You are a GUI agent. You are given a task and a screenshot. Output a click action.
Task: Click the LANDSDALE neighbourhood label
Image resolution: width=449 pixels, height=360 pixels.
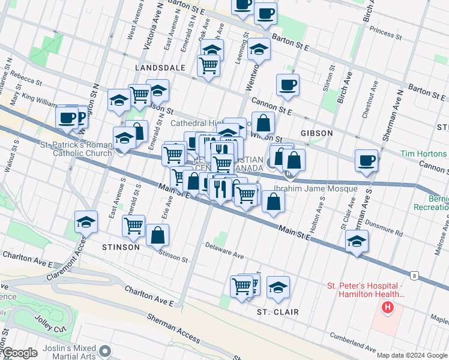[160, 68]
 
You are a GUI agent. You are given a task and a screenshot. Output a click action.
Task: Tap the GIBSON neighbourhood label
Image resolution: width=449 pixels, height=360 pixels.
[318, 133]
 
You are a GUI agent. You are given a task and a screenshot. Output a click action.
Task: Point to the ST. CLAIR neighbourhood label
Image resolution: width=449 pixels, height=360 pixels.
[278, 312]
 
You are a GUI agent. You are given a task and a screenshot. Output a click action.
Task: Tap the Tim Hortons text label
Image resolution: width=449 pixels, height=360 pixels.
[424, 154]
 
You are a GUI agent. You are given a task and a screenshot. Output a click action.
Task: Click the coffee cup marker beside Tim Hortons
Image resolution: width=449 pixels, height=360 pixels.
[366, 160]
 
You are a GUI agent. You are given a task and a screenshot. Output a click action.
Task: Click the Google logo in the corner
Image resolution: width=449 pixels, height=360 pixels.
[20, 353]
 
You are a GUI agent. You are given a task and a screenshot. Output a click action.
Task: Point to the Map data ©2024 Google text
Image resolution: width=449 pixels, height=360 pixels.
[411, 355]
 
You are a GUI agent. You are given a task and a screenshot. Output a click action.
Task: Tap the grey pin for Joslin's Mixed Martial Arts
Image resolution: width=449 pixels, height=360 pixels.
[106, 350]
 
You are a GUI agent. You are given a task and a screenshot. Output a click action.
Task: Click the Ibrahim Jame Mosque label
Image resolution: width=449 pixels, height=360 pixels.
[325, 188]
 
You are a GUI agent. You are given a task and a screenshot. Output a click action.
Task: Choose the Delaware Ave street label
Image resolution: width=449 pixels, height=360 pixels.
[224, 250]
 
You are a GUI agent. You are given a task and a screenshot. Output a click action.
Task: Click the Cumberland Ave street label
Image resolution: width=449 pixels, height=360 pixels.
[352, 345]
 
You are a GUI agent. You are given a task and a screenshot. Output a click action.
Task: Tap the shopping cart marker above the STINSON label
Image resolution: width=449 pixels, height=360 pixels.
[133, 226]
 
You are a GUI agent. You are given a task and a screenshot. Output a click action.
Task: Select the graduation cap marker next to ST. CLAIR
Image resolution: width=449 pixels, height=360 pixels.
[278, 287]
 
